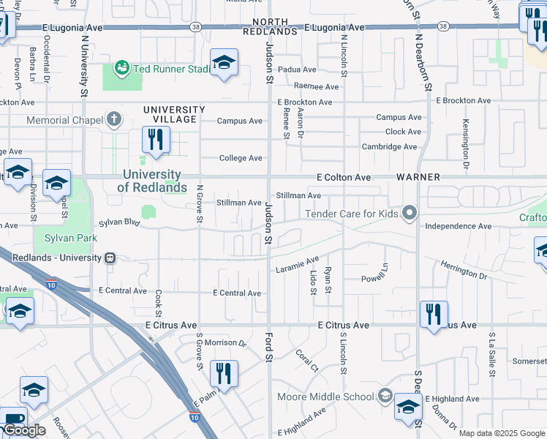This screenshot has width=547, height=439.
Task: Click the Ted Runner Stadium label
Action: coord(170,69)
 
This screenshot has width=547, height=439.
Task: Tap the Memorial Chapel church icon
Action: coord(113,119)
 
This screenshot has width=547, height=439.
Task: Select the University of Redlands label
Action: coord(152,181)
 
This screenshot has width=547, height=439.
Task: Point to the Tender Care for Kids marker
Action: coord(410,213)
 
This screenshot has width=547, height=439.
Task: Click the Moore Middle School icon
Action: coord(385,397)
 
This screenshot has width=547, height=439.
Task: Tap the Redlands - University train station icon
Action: coord(110,258)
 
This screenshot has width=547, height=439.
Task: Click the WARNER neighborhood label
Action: coord(418,177)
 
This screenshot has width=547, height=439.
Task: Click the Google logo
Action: coord(24,430)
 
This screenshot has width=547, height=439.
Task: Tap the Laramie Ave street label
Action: coord(298,264)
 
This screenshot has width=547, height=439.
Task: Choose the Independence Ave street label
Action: coord(458,226)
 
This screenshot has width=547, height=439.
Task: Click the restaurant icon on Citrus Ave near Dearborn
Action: coord(434,314)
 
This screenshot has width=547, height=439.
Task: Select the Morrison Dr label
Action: coord(225,342)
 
